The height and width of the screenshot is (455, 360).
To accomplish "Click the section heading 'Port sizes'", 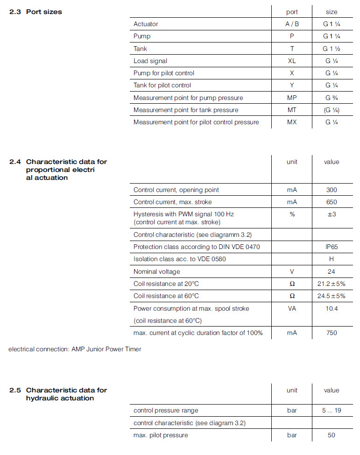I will (x=44, y=12).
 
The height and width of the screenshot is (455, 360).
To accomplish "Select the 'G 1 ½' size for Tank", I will (x=331, y=49).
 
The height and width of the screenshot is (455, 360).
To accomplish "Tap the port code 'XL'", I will (x=292, y=61).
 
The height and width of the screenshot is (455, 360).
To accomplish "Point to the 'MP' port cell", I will (x=292, y=98).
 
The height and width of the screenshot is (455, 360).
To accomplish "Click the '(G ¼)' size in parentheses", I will (x=331, y=110).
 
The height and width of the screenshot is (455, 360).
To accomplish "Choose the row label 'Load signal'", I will (x=150, y=61).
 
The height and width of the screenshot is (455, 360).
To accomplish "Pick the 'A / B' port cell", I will (x=292, y=24).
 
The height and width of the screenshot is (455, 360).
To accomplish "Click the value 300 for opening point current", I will (x=332, y=190).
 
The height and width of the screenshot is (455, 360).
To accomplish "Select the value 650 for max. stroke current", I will (x=332, y=202).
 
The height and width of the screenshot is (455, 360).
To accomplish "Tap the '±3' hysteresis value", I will (x=332, y=214).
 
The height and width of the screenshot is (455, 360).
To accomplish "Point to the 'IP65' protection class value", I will (x=332, y=247).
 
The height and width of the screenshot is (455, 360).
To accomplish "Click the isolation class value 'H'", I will (x=332, y=259).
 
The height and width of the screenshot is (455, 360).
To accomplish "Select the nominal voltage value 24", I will (x=332, y=271).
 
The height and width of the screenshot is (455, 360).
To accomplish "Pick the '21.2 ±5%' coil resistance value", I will (x=332, y=284).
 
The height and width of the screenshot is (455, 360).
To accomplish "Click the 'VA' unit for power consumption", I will (x=292, y=308).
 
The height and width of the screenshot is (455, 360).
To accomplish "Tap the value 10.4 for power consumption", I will (x=332, y=308).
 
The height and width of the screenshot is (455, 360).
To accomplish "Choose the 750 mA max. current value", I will (x=332, y=333).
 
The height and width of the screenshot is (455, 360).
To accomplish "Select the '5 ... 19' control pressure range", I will (x=332, y=410).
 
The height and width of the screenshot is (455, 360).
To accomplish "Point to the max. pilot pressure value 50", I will (x=332, y=435).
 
